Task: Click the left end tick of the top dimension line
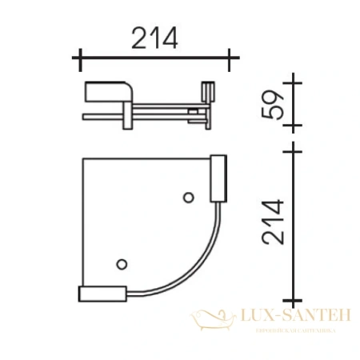click(x=78, y=57)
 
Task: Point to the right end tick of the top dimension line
click(x=230, y=57)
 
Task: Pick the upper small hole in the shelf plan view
click(x=189, y=198)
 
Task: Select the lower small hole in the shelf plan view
click(x=122, y=263)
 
